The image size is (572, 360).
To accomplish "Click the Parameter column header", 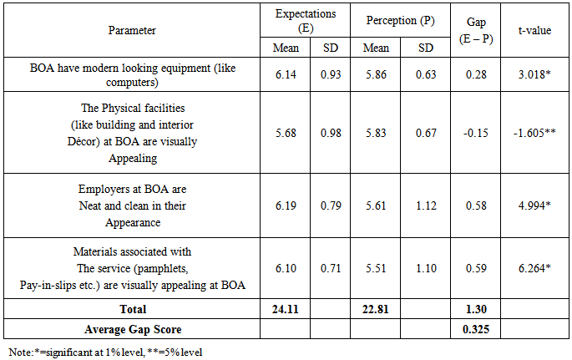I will [132, 30].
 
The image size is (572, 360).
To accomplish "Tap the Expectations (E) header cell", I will [306, 19].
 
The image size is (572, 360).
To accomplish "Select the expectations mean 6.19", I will [286, 205].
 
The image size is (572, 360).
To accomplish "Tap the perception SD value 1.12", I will [427, 205].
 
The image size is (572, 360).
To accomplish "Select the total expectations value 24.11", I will [286, 308].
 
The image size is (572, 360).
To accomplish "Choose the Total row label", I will [132, 308].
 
